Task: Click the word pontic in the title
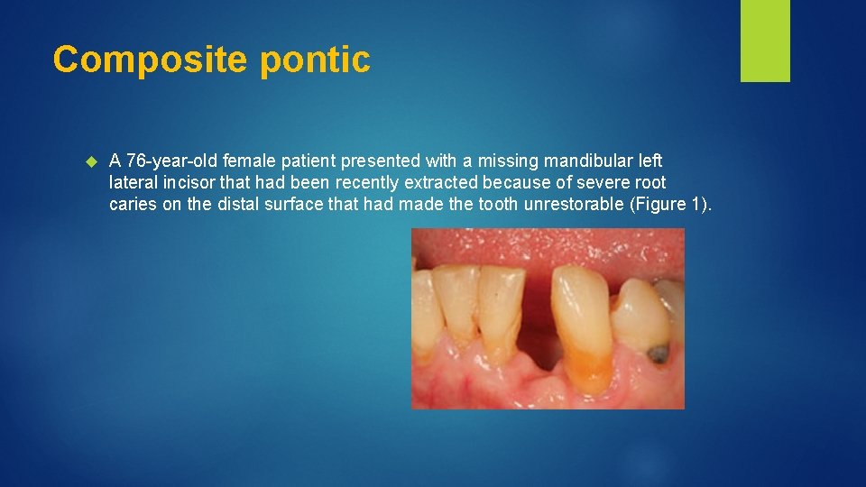tap(315, 60)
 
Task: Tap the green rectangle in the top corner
tap(765, 40)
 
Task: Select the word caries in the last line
tap(131, 204)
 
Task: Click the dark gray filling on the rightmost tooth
tap(659, 353)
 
